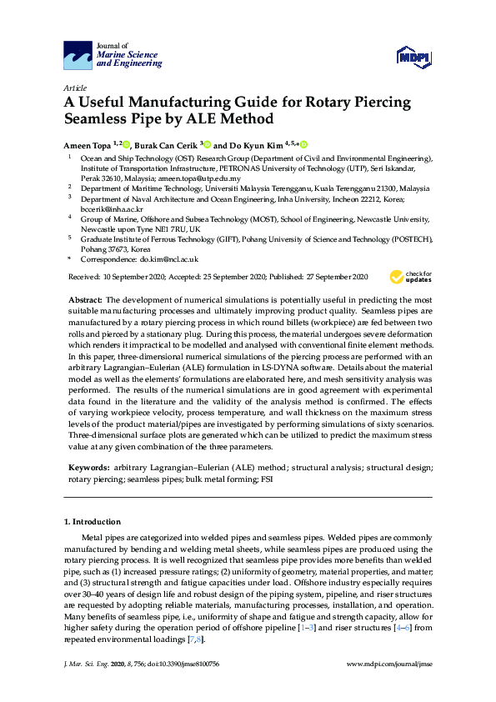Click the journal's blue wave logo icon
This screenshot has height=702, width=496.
coord(78,56)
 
